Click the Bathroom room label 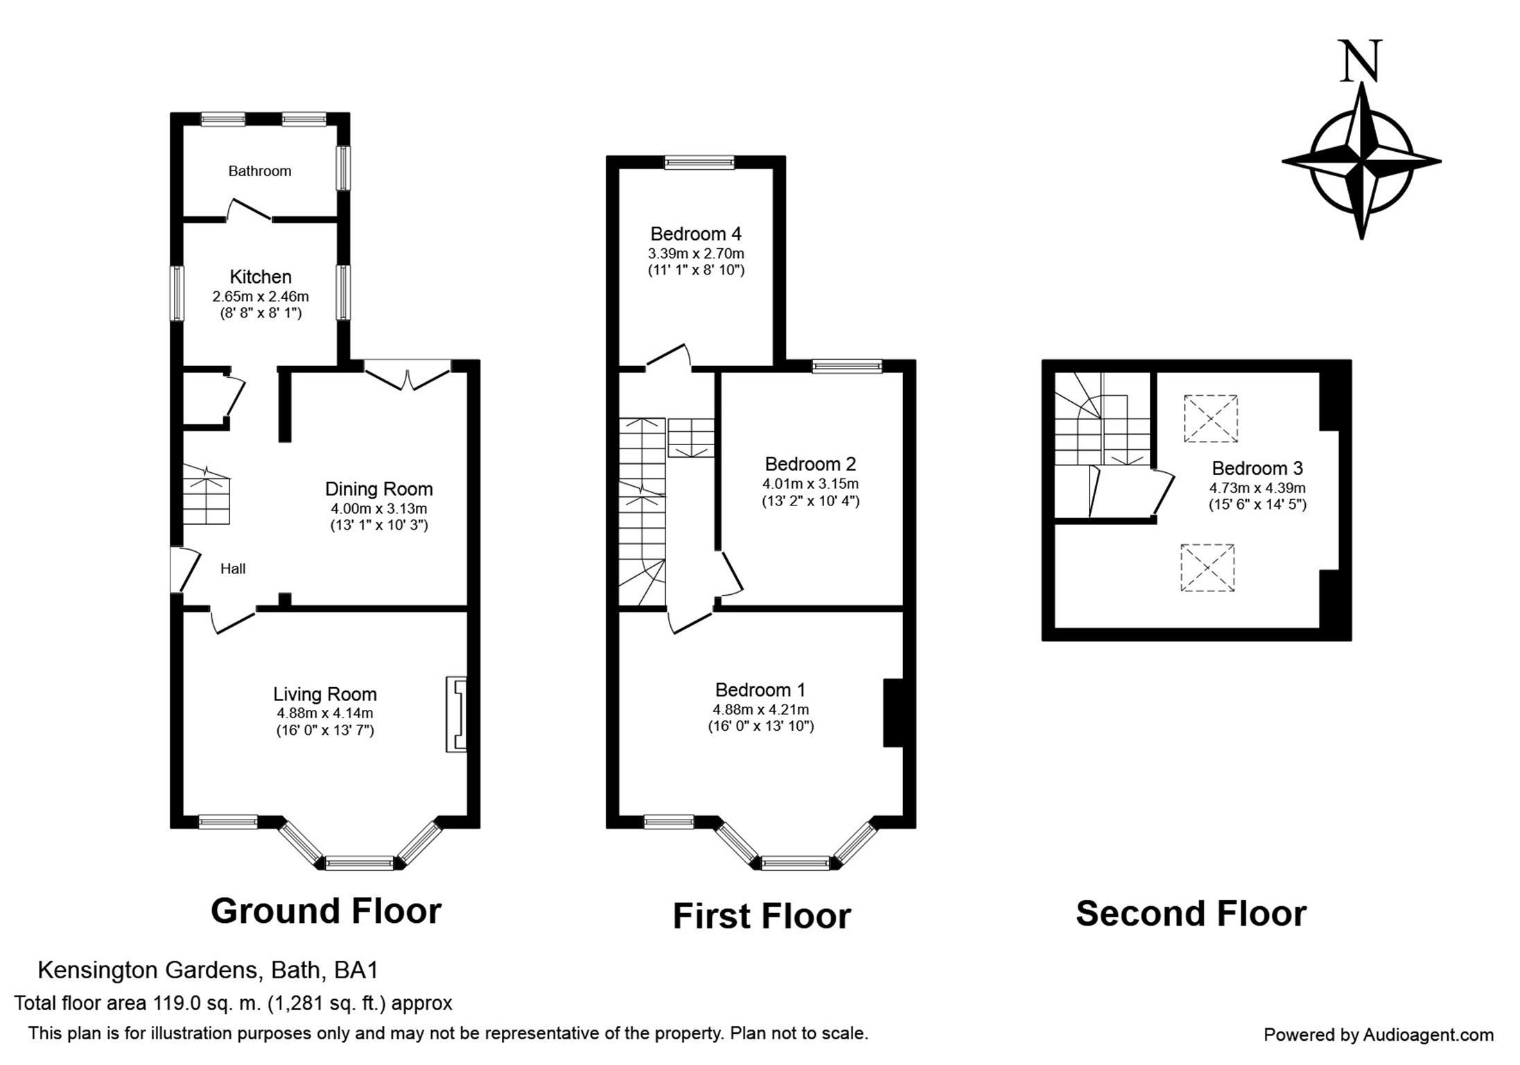click(260, 171)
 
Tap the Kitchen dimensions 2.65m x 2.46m click(261, 297)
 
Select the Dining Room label click(379, 489)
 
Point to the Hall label click(233, 569)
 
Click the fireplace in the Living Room click(456, 713)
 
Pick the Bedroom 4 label click(696, 234)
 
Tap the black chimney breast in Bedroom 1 click(893, 713)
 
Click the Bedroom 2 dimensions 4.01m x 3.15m click(811, 483)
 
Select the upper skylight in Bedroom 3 click(1210, 418)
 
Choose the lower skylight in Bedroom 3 click(1207, 568)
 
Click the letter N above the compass click(1361, 61)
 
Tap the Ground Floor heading click(326, 910)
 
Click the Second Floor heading click(1191, 913)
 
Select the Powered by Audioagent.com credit click(1379, 1035)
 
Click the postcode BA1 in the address click(356, 970)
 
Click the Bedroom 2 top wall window click(847, 366)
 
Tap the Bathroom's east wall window click(343, 168)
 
